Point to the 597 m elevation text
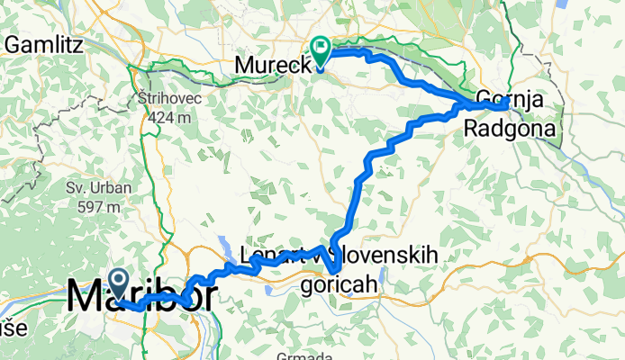click(x=98, y=207)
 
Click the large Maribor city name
click(x=141, y=297)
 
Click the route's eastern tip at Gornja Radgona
click(x=508, y=104)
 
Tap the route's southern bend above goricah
click(x=335, y=267)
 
